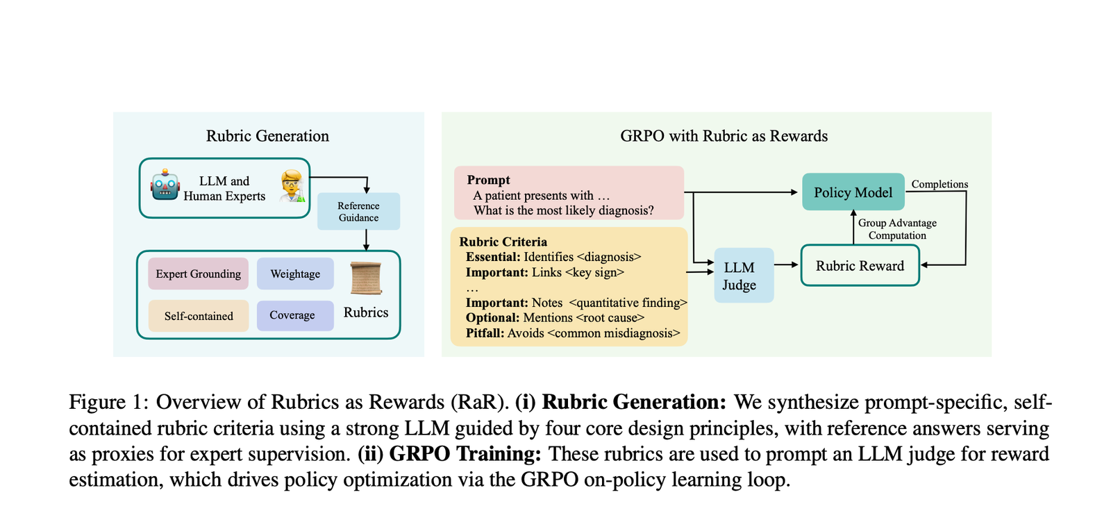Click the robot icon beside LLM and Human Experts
pos(165,185)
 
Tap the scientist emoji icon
pos(292,186)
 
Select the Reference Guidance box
pos(358,212)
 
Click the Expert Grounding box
pos(198,274)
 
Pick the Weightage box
pos(295,274)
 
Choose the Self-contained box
pos(199,316)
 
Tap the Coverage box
pos(292,315)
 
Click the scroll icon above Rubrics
pos(366,278)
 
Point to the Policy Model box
pos(853,192)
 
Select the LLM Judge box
pos(739,276)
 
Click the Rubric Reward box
pos(860,266)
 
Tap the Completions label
pos(939,184)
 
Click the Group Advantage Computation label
pos(897,229)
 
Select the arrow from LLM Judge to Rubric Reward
pos(787,264)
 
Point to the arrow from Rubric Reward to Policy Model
pos(853,226)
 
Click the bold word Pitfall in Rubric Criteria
pos(484,333)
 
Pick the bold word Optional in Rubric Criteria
pos(492,318)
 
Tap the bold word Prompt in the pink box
pos(488,180)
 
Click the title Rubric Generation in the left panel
pos(267,136)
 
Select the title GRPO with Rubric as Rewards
pos(724,136)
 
